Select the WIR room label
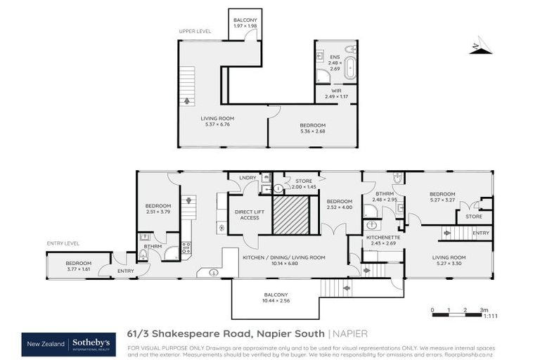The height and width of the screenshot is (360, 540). point(335,91)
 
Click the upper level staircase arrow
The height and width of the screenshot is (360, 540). point(187,101)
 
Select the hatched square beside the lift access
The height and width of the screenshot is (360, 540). point(291,214)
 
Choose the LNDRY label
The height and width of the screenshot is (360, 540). point(247,178)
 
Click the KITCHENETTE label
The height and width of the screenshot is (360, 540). point(384,238)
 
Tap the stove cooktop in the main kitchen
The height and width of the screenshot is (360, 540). point(186,247)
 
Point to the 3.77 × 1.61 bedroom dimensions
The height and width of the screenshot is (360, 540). point(69,268)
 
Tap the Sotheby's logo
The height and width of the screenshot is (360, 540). point(92,343)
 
